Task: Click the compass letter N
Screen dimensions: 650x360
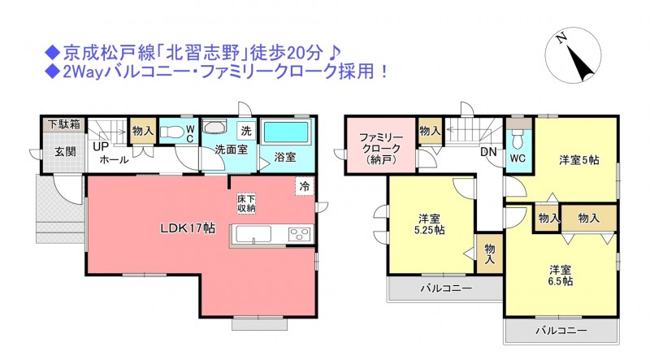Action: pos(561,38)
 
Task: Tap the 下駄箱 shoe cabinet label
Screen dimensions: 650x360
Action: pos(64,124)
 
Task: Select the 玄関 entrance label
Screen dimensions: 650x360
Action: pos(66,152)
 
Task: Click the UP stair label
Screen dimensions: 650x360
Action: pos(100,146)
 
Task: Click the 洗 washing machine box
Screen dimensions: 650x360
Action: pos(246,131)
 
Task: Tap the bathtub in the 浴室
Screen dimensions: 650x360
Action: pos(286,132)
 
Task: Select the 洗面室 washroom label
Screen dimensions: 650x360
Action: pos(232,150)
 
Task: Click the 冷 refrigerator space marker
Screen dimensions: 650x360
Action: pos(305,186)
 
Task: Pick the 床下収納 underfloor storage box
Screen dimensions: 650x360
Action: pos(246,204)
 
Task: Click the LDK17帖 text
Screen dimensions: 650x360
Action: pos(188,228)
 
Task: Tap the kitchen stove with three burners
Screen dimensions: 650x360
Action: pos(300,235)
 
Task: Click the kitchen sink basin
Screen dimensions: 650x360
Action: pos(253,234)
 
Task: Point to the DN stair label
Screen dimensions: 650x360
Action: pos(488,152)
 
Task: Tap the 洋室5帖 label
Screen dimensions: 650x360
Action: pos(578,159)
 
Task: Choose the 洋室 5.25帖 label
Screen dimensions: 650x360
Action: pos(430,224)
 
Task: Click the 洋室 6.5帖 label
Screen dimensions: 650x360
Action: pos(561,275)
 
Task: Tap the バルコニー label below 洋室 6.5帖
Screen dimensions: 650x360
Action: pos(561,330)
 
